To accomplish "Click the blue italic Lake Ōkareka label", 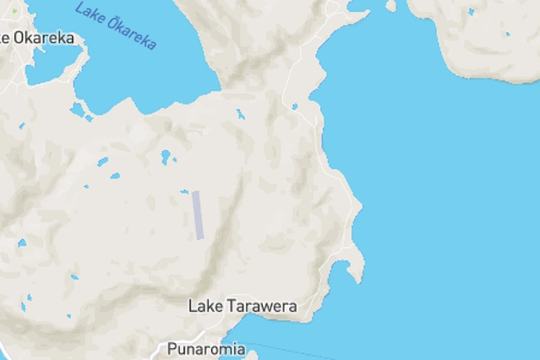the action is click(116, 25).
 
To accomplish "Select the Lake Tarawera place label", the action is click(243, 306).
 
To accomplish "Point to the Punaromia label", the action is click(206, 348).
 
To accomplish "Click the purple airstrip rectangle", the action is click(198, 215).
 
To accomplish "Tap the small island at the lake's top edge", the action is click(390, 6).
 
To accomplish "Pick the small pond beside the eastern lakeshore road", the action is click(294, 107).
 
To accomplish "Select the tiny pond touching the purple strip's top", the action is click(183, 192).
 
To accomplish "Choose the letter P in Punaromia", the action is click(172, 348).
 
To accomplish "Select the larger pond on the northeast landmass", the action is click(506, 35).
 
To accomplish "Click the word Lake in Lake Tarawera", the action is click(205, 306).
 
